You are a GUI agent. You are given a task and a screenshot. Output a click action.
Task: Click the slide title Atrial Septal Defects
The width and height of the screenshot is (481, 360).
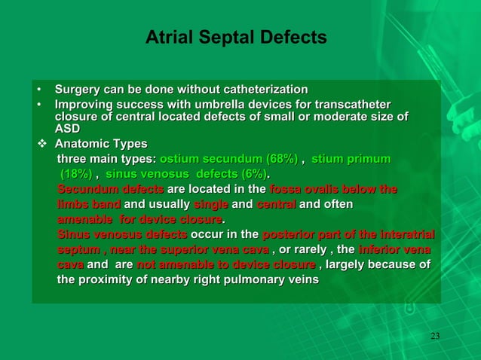coord(236,38)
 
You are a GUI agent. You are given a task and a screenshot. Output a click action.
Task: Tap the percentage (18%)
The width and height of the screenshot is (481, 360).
coord(76,174)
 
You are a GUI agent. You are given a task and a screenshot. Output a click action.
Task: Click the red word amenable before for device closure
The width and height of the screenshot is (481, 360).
coord(85,219)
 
